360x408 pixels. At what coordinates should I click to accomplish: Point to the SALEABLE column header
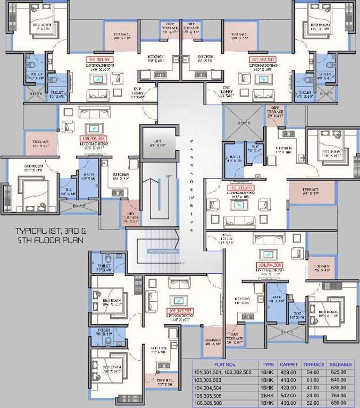[341, 364]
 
